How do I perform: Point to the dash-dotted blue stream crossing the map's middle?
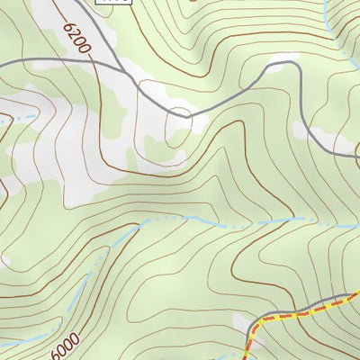pyautogui.click(x=225, y=221)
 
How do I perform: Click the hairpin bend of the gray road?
pyautogui.click(x=180, y=114)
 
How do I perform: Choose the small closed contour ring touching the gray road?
pyautogui.click(x=180, y=113)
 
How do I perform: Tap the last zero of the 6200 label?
pyautogui.click(x=87, y=53)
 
